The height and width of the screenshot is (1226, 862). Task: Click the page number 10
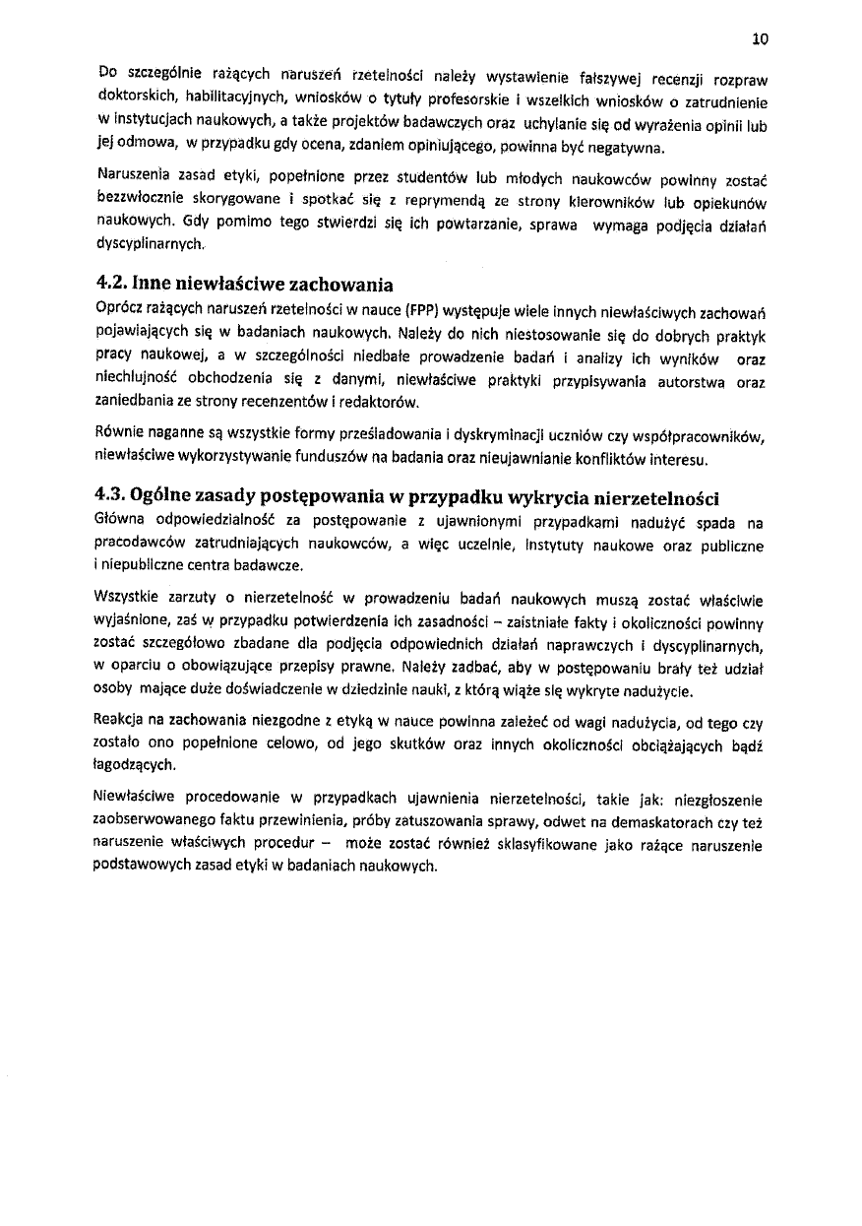pyautogui.click(x=759, y=39)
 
